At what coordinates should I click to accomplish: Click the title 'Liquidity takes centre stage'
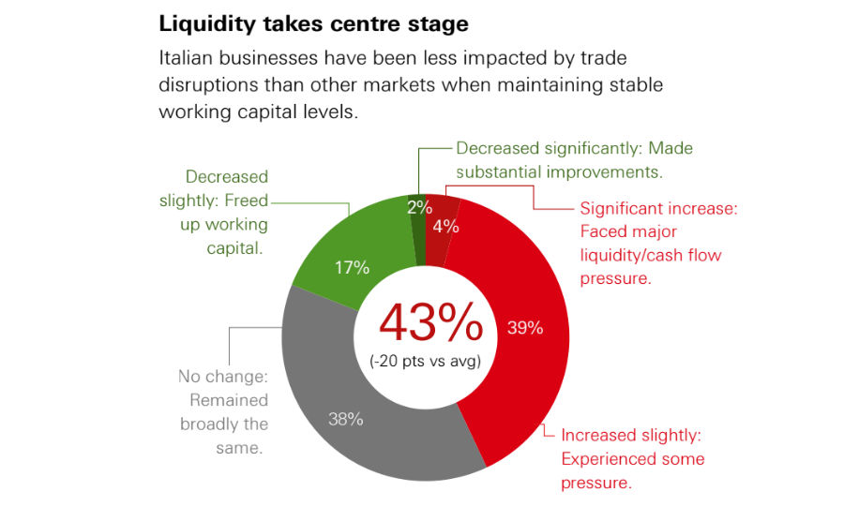[x=313, y=21]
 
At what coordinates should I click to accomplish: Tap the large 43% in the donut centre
[x=430, y=322]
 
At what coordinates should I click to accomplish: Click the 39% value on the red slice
[x=525, y=328]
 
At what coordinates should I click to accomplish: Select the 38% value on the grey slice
[x=345, y=419]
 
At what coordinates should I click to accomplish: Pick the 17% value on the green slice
[x=352, y=267]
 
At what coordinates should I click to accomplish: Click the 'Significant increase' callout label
[x=659, y=208]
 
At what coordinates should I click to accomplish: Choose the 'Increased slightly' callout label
[x=631, y=436]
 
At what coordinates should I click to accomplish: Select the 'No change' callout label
[x=223, y=377]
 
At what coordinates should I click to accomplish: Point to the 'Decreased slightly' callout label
[x=227, y=177]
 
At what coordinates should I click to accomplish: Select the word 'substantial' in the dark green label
[x=502, y=172]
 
